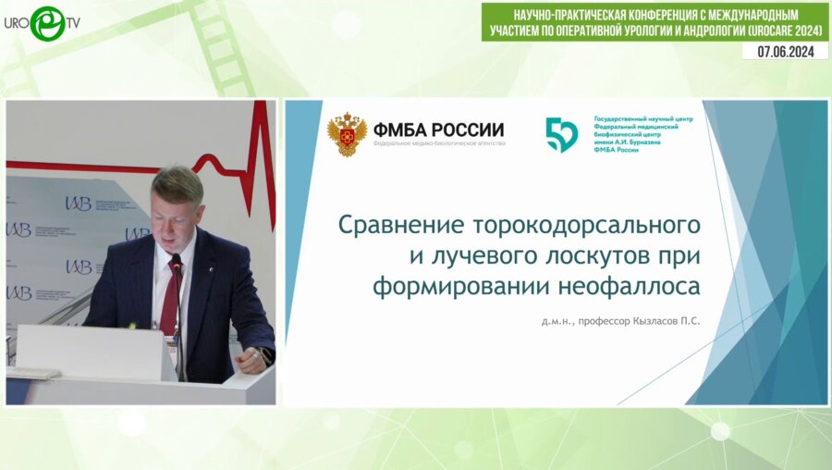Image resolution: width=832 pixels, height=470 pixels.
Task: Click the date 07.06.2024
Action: [x=785, y=52]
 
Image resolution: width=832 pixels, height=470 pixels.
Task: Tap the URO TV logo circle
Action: [x=46, y=22]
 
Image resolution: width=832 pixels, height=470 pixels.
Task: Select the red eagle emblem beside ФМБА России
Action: [x=347, y=133]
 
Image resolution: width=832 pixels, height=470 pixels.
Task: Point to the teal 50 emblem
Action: [x=561, y=134]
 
